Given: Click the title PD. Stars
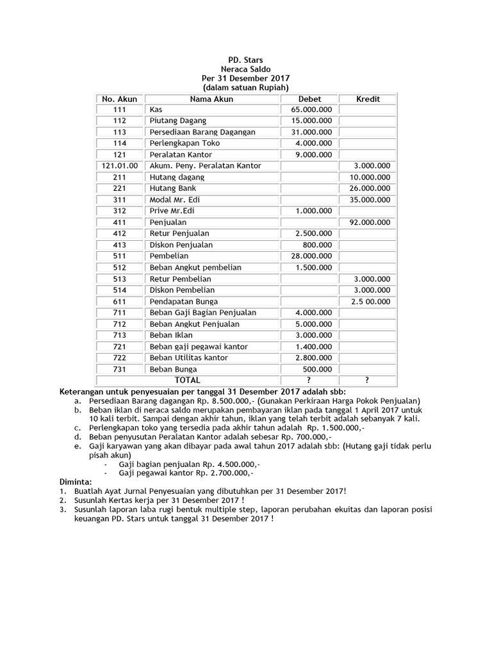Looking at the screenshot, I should (245, 60).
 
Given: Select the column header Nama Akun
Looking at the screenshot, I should (211, 99).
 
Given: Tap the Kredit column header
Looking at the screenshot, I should (368, 99).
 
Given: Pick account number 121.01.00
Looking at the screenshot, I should (120, 166).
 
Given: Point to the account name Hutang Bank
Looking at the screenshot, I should (173, 189).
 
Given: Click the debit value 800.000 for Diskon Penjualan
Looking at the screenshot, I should (318, 245).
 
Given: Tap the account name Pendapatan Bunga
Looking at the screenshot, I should (183, 302).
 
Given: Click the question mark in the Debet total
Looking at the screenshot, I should (309, 381).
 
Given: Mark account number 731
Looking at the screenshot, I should (120, 370).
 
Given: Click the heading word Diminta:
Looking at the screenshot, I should (76, 481).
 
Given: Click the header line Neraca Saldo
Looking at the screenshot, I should (245, 69).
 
